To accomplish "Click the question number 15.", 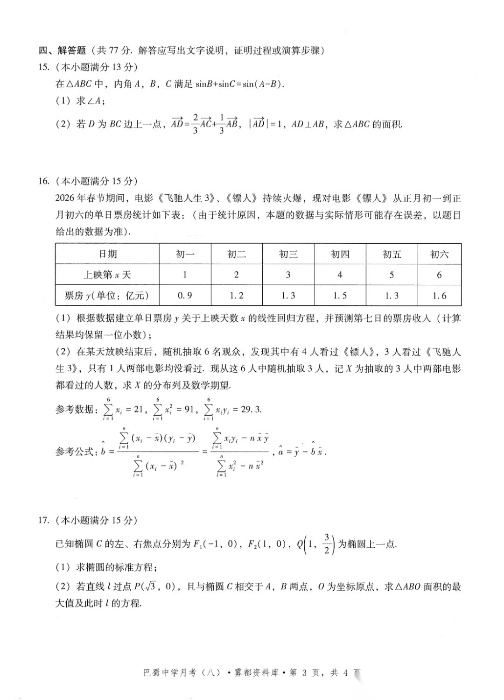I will point(44,67).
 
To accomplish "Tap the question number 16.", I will point(44,181).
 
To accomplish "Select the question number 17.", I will point(44,520).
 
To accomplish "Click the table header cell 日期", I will point(107,254).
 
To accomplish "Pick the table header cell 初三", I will point(288,254).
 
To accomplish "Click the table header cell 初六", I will point(439,254).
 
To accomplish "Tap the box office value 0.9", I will point(185,296).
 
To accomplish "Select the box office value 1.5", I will point(340,296).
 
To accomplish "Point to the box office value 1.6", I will point(439,296).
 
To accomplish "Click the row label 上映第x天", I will point(107,275).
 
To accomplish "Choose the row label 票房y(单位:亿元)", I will point(107,296).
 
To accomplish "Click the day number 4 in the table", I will point(340,275).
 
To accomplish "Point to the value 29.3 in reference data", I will point(251,410).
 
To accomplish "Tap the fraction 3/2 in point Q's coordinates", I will point(327,544).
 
